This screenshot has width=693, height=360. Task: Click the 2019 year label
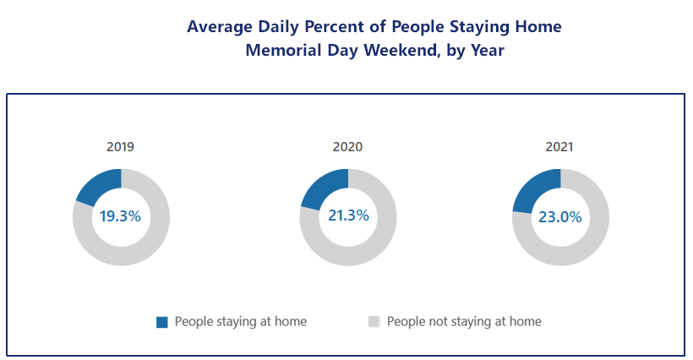120,147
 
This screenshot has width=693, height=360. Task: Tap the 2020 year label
347,147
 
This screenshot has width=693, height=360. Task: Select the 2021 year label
559,147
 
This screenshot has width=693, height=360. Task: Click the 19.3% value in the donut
120,216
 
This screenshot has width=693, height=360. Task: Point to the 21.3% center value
348,215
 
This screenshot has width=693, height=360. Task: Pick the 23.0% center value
560,217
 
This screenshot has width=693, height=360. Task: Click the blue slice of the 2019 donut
101,184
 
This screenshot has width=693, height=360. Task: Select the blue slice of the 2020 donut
327,187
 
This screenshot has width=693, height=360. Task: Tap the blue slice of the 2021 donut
538,188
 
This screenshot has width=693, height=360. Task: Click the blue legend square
162,322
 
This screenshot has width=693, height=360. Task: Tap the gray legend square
374,322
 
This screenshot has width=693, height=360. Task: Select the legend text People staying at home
240,322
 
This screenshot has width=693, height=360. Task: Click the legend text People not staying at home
464,322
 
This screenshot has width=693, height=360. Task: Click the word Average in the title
220,26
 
